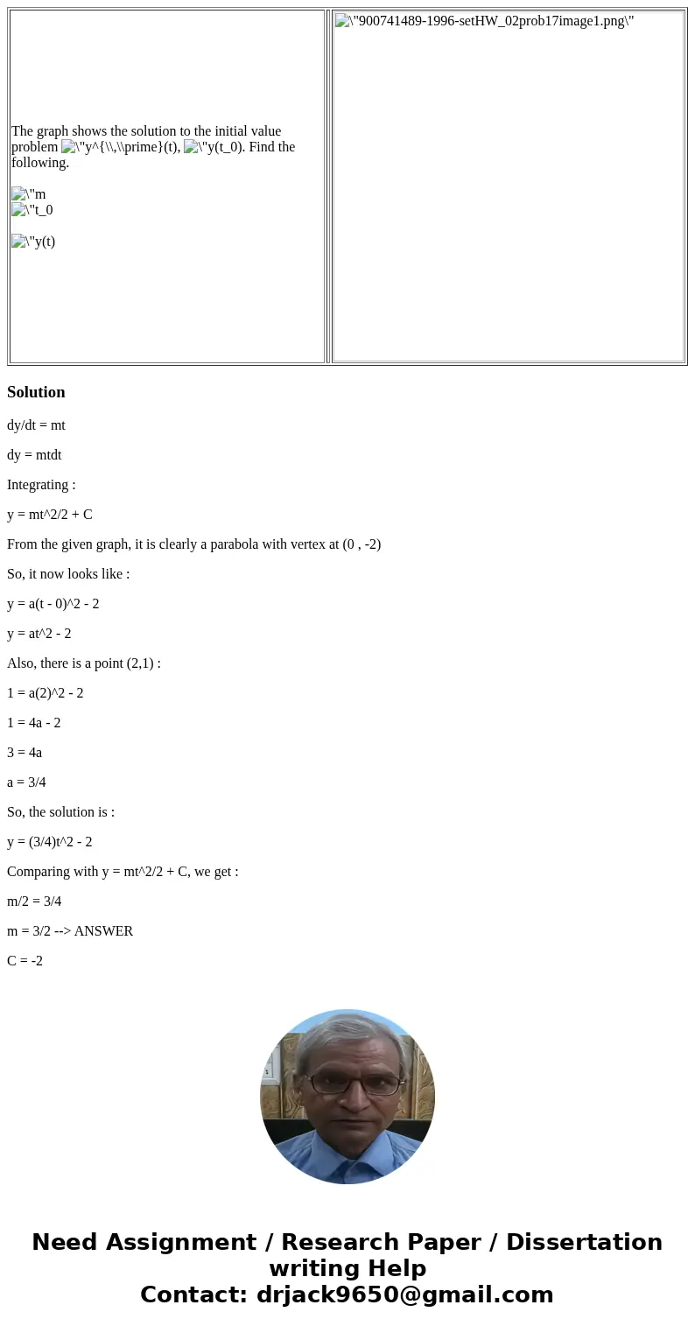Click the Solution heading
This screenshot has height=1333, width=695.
click(36, 392)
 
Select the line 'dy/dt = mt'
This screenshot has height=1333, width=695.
click(36, 425)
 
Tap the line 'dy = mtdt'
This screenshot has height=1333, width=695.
click(34, 455)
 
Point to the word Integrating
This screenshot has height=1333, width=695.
click(38, 485)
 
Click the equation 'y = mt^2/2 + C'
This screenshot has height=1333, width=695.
click(50, 515)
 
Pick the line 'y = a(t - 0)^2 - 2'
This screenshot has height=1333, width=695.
click(53, 604)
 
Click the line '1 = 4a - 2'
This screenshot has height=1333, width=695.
click(34, 723)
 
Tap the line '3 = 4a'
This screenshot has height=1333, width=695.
click(25, 753)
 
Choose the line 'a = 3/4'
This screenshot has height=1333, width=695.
click(26, 782)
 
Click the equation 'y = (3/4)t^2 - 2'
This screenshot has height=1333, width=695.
click(50, 842)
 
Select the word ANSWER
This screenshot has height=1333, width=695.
click(103, 931)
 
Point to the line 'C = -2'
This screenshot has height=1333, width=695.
click(25, 961)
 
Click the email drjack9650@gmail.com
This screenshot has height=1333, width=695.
click(404, 1295)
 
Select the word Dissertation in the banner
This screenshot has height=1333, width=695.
click(584, 1243)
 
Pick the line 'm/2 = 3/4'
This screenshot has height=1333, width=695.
click(34, 902)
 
